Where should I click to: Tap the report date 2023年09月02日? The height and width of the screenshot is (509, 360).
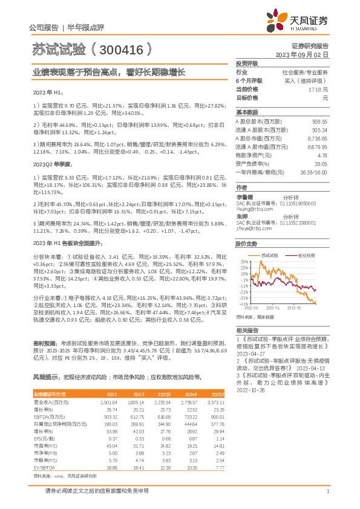coord(306,54)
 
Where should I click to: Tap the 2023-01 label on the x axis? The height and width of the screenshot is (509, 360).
coord(275,308)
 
